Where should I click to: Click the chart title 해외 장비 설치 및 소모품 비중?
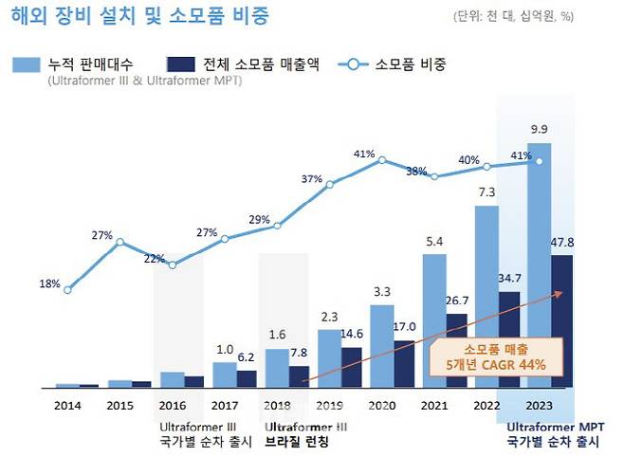click(140, 16)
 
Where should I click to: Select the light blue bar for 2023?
click(539, 265)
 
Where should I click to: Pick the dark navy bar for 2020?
click(405, 364)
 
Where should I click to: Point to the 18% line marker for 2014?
click(67, 290)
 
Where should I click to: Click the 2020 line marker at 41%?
click(382, 160)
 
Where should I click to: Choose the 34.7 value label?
click(510, 279)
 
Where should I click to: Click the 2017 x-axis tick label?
click(224, 406)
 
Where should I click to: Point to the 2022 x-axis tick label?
click(486, 406)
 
